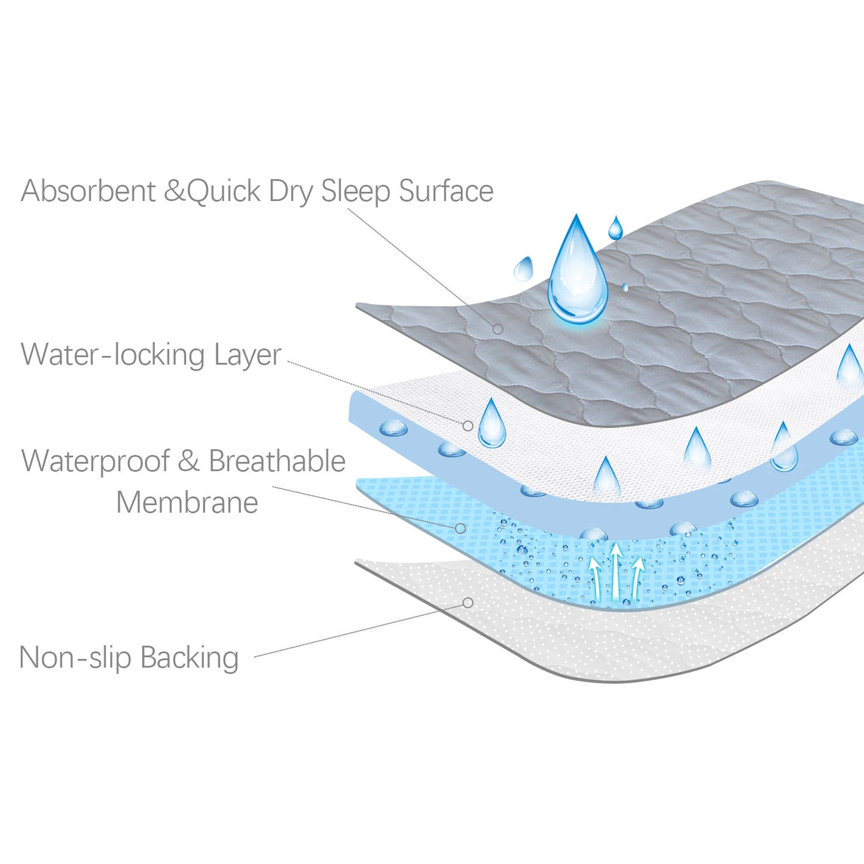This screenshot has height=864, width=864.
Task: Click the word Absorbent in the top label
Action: point(88,191)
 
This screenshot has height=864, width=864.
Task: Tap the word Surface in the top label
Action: point(446,191)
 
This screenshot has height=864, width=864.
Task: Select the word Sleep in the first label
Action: point(356,193)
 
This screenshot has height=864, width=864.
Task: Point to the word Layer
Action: point(247,356)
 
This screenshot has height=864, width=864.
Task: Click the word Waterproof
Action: point(96,462)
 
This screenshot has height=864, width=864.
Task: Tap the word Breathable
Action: point(277,460)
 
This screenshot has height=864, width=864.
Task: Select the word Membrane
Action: point(187,502)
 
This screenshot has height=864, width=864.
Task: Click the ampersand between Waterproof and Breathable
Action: point(189,461)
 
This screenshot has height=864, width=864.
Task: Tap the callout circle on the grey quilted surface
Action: point(497,329)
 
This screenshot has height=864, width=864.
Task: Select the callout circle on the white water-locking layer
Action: point(468,426)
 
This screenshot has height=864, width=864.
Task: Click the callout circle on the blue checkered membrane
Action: point(460,529)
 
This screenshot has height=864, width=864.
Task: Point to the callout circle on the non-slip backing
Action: point(468,603)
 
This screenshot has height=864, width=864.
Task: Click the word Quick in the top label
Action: point(224,191)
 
